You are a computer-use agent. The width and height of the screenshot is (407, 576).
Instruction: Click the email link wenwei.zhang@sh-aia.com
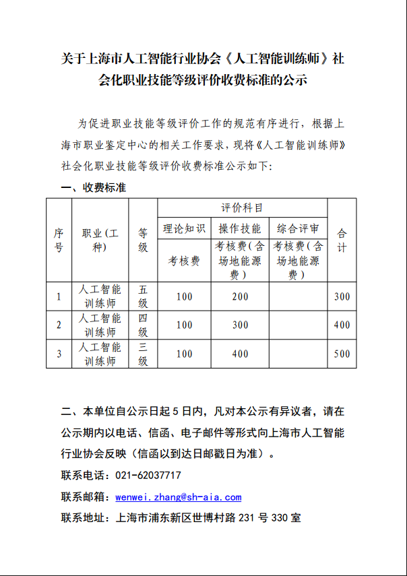point(178,497)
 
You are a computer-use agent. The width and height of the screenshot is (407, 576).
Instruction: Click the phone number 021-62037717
point(148,476)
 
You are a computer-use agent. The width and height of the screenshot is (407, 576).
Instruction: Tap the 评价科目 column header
point(242,207)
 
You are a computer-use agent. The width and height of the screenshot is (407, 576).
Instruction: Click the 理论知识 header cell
point(184,228)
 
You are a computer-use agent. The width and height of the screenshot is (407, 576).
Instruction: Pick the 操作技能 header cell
point(240,228)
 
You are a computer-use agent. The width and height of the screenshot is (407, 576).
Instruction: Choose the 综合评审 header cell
point(298,228)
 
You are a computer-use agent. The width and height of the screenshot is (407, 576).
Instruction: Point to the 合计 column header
point(342,240)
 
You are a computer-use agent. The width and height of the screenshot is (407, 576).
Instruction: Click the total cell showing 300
point(342,296)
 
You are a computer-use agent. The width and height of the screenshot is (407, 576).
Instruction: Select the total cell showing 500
point(342,354)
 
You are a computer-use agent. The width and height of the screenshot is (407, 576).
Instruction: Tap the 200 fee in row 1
point(240,296)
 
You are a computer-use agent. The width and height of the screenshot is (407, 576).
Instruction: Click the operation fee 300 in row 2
point(240,325)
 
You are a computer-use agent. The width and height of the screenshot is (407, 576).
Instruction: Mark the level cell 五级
point(143,296)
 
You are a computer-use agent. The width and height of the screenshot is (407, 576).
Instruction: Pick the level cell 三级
point(143,354)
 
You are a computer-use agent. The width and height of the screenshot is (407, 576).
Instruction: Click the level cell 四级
point(143,325)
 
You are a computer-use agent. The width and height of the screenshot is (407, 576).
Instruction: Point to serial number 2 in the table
point(59,325)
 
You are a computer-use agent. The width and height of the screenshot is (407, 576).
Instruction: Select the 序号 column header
point(59,240)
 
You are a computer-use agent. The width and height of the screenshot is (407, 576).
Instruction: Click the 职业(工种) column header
point(100,240)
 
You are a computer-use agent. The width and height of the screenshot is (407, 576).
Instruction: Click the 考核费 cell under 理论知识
point(184,261)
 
